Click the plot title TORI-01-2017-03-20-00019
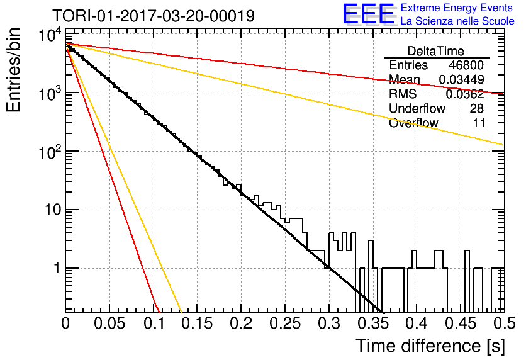154,16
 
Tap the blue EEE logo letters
368,14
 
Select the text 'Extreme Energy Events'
457,8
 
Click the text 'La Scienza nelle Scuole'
457,21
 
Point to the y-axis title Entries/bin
14,70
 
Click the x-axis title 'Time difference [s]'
430,346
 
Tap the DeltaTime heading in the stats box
435,51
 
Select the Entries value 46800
466,65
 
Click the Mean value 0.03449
461,79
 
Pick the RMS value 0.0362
464,94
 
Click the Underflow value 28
476,108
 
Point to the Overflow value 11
479,123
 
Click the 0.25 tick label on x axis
285,323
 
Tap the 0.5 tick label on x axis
504,323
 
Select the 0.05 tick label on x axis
109,323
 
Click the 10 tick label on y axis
53,210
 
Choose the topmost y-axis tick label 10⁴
50,35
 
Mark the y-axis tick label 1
57,268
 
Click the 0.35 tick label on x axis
372,323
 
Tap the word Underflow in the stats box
417,108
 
